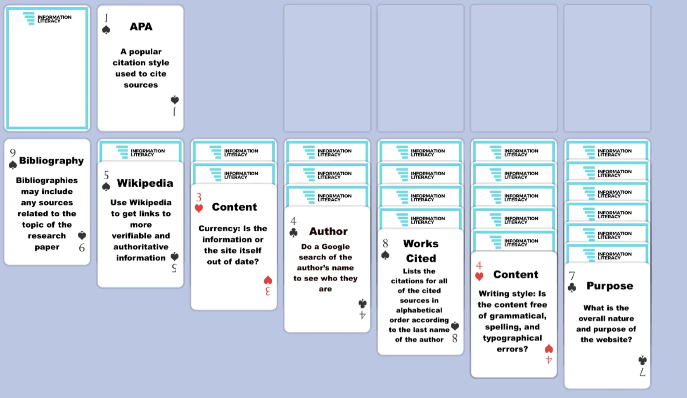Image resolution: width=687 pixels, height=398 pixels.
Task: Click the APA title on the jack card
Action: click(x=141, y=27)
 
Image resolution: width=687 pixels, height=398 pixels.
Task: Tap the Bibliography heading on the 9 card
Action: click(x=51, y=161)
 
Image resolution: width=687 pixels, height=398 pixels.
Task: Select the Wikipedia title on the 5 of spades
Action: click(x=145, y=183)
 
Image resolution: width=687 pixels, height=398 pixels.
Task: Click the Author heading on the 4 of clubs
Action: click(x=328, y=231)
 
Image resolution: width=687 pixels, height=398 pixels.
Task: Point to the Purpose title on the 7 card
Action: click(x=610, y=286)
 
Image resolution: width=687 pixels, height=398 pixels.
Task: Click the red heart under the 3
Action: click(x=199, y=208)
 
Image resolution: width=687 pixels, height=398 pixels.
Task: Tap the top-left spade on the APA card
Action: click(x=106, y=30)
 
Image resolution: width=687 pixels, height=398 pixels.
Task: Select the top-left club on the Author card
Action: click(x=293, y=233)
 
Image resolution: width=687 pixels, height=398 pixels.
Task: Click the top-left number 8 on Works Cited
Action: click(x=385, y=243)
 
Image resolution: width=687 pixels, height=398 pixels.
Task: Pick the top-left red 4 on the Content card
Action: click(x=479, y=265)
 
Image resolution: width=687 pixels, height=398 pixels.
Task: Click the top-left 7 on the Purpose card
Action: click(x=572, y=276)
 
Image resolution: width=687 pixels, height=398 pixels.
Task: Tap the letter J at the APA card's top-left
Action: click(x=106, y=18)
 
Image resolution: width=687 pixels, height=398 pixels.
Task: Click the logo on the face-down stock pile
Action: click(x=47, y=18)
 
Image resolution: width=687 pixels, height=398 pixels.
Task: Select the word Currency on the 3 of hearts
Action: click(x=215, y=229)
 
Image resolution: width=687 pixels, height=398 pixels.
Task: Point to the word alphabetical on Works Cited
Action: click(x=419, y=310)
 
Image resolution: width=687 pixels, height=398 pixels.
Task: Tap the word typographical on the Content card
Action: click(x=512, y=338)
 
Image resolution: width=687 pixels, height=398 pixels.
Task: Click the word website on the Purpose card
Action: click(x=613, y=339)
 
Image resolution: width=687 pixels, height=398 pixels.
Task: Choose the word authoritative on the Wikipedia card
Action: click(x=141, y=247)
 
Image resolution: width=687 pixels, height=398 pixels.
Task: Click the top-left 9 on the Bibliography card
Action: click(x=13, y=153)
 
